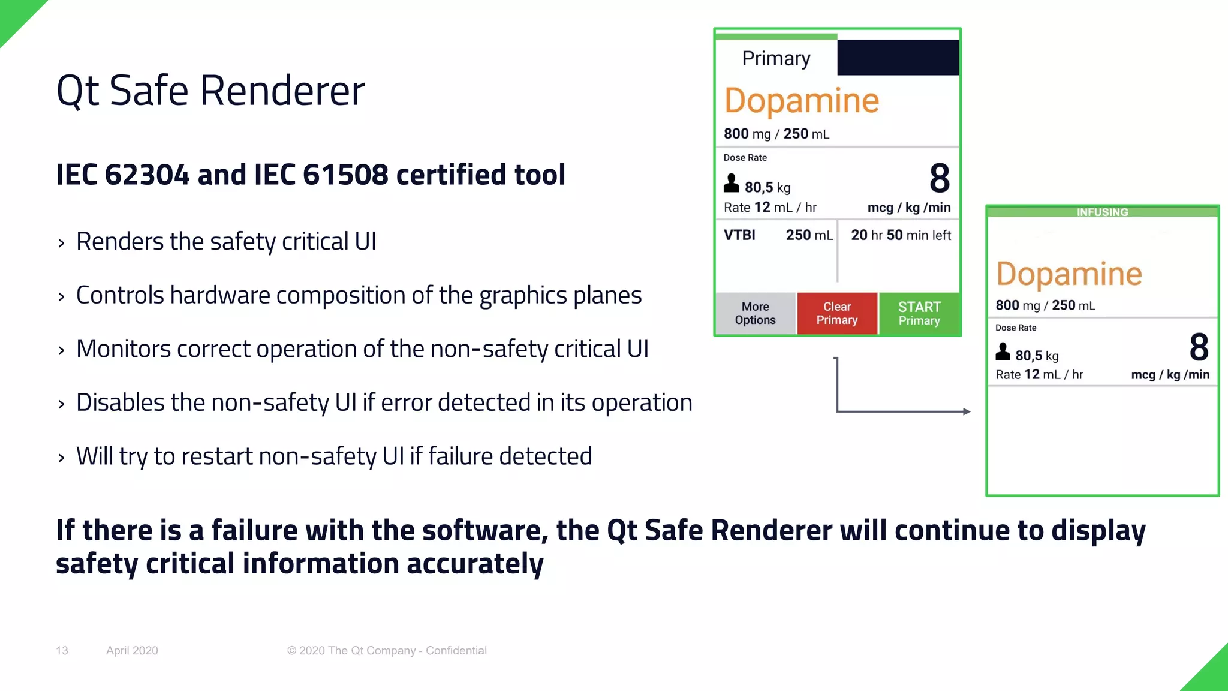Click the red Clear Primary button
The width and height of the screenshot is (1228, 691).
tap(837, 313)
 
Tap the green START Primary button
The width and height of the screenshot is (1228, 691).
tap(919, 313)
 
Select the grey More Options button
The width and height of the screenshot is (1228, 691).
tap(756, 313)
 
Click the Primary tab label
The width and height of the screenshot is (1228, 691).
tap(776, 58)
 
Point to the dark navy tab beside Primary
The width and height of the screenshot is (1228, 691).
tap(898, 58)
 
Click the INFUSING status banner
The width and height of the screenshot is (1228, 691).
tap(1102, 212)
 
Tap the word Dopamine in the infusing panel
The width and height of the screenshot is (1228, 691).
tap(1069, 274)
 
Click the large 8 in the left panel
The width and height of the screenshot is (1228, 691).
tap(940, 178)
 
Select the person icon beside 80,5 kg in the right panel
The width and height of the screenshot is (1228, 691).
tap(1003, 351)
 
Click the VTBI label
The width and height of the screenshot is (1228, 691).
tap(739, 235)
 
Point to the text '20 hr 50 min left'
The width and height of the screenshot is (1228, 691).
tap(901, 235)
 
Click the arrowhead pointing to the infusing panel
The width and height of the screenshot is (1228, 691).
tap(966, 411)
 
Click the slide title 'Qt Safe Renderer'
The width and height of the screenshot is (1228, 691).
tap(210, 91)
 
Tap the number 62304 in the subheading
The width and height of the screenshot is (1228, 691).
tap(147, 175)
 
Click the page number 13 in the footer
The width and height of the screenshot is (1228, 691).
tap(62, 651)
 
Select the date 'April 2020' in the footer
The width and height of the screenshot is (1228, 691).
tap(132, 651)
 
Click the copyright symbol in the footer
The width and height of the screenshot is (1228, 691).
tap(292, 651)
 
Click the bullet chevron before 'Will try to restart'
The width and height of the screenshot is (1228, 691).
tap(61, 458)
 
